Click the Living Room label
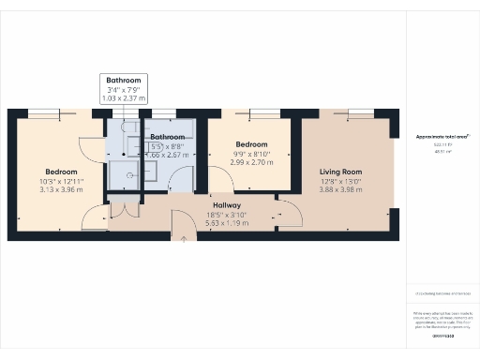341,172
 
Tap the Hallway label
227,205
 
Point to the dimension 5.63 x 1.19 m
227,223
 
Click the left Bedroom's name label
61,172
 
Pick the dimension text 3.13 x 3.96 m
61,189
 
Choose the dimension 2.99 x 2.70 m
251,162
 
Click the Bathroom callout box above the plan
124,88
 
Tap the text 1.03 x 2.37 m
124,97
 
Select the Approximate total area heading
442,137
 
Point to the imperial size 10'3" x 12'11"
61,181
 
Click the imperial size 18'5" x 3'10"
227,215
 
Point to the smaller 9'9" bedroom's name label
251,143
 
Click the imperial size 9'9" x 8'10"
251,154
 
